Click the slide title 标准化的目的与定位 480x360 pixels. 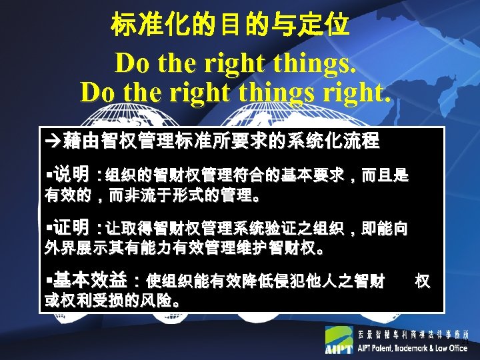230,26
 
